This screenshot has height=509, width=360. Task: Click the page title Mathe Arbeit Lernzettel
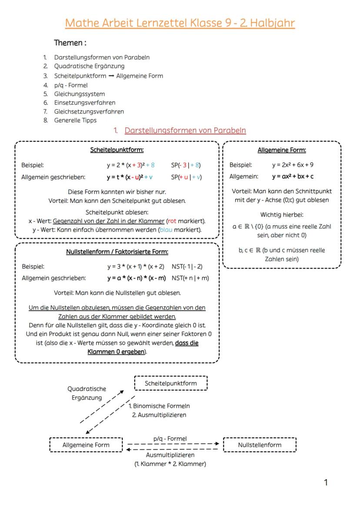tap(180, 23)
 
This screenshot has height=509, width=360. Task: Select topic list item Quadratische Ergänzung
tap(89, 67)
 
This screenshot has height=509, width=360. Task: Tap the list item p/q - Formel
tap(70, 85)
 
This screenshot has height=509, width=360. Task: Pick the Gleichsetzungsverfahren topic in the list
tap(89, 112)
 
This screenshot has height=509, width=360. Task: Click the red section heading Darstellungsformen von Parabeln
tap(185, 130)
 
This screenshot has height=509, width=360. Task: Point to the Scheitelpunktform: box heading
tap(117, 150)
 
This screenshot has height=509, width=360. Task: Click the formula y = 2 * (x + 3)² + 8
tap(130, 165)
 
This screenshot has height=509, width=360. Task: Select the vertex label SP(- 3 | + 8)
tap(186, 165)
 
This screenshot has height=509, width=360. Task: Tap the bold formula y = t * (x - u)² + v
tap(130, 177)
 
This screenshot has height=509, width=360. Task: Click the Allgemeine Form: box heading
tap(281, 150)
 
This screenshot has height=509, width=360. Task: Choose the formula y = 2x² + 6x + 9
tap(293, 165)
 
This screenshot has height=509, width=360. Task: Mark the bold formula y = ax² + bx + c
tap(293, 176)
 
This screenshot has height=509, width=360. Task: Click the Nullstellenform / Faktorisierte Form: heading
tap(117, 252)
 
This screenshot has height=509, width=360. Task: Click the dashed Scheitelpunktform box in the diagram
tap(170, 383)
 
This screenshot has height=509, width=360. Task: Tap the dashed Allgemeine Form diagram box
tap(86, 445)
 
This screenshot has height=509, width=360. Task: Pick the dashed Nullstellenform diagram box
tap(260, 445)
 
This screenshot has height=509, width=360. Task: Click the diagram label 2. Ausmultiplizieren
tap(159, 415)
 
